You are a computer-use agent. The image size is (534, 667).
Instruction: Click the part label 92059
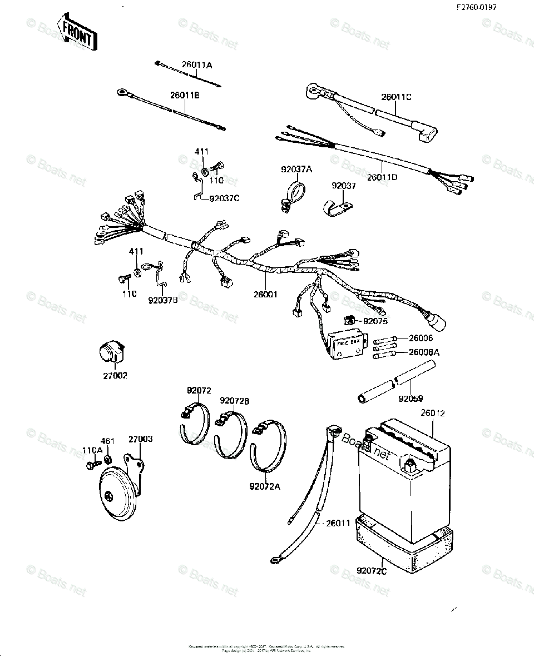(x=411, y=398)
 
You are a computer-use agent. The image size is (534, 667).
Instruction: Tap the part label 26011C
(x=396, y=97)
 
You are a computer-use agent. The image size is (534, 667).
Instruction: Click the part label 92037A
(x=295, y=169)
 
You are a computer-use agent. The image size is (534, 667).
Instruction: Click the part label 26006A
(x=424, y=351)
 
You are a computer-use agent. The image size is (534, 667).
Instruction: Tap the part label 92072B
(x=234, y=401)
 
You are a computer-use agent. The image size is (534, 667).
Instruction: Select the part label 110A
(x=92, y=450)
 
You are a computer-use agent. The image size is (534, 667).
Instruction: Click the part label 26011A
(x=196, y=65)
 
